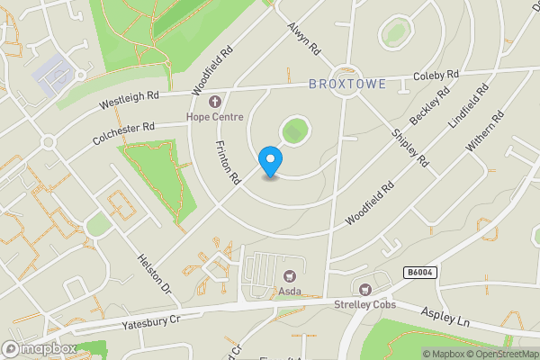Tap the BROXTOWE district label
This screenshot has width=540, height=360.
(347, 85)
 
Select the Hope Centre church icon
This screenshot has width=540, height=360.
(215, 99)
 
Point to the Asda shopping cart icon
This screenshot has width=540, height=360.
(290, 276)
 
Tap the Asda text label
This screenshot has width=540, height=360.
(290, 292)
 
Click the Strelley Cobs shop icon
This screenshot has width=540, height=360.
(364, 290)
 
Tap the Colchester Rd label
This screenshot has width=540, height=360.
(125, 136)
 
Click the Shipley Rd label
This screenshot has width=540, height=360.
(409, 146)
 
